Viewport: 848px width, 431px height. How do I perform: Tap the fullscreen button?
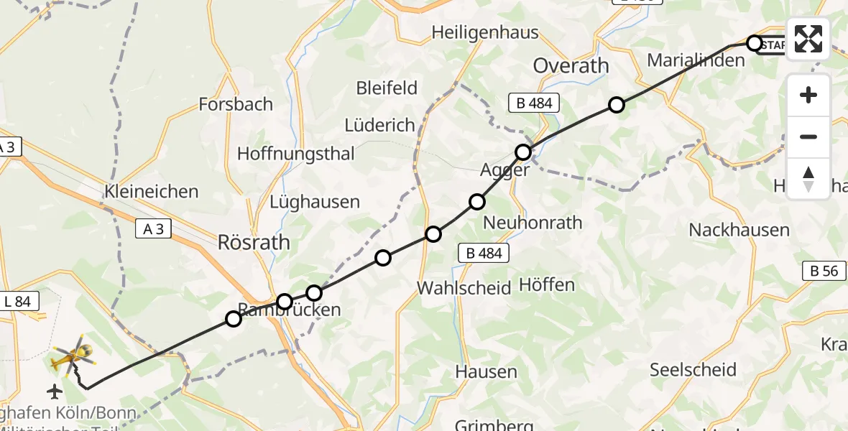pyautogui.click(x=808, y=39)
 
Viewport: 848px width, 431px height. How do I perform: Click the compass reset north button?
pyautogui.click(x=808, y=179)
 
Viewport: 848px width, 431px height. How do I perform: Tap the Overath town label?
pyautogui.click(x=571, y=65)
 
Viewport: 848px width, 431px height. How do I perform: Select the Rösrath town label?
pyautogui.click(x=254, y=243)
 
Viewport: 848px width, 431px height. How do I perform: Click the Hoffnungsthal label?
pyautogui.click(x=296, y=153)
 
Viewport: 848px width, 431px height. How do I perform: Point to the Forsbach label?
pyautogui.click(x=237, y=104)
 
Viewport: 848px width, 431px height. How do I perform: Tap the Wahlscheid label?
pyautogui.click(x=464, y=288)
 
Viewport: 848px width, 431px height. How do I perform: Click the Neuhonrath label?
pyautogui.click(x=533, y=223)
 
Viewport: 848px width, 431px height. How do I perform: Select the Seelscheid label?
pyautogui.click(x=693, y=370)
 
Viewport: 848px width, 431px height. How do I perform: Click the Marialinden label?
pyautogui.click(x=696, y=60)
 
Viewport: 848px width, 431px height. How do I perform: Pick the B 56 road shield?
pyautogui.click(x=824, y=271)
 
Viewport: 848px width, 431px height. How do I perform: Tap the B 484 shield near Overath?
pyautogui.click(x=534, y=103)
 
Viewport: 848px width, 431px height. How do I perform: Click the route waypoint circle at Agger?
pyautogui.click(x=523, y=152)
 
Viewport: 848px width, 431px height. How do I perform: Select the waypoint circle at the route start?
pyautogui.click(x=754, y=43)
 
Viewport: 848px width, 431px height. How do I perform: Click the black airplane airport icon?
pyautogui.click(x=54, y=391)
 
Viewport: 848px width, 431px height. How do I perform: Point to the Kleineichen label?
pyautogui.click(x=151, y=192)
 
